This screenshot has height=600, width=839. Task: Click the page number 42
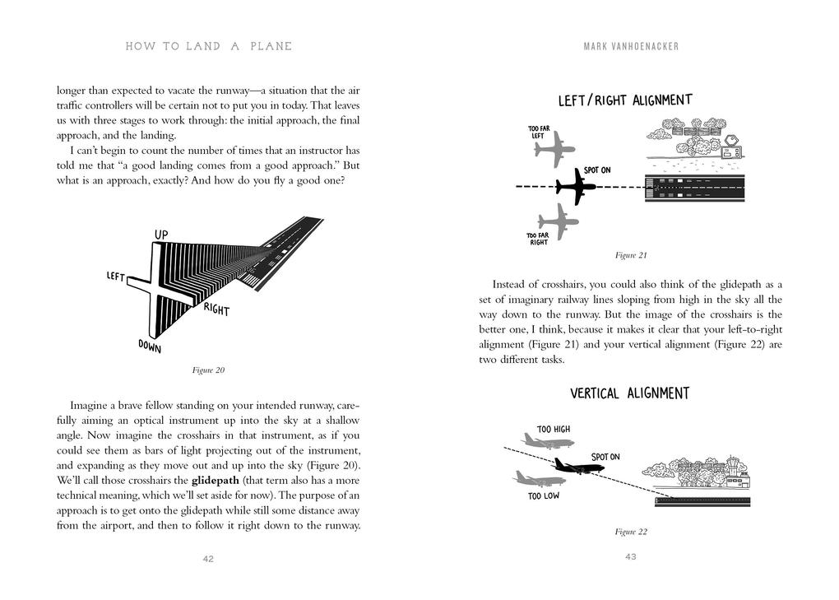coord(208,559)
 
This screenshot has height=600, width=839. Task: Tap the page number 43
coord(631,557)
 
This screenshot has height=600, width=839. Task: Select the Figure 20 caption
coord(208,370)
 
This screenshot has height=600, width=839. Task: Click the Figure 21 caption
coord(631,255)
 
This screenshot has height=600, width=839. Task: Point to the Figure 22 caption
coord(631,532)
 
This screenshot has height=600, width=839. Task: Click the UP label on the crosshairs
coord(161,235)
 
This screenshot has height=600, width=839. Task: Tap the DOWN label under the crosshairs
coord(149,347)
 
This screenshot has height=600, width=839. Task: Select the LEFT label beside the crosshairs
coord(115,277)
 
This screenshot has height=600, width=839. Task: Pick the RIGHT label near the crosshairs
coord(216,309)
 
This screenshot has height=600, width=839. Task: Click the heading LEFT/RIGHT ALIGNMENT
coord(625,101)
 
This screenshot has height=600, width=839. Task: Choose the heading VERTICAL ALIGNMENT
coord(630,393)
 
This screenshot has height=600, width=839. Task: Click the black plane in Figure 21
coord(575,188)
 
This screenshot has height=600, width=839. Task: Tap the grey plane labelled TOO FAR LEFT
coord(554,149)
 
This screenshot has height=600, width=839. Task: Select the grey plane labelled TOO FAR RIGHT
coord(559,221)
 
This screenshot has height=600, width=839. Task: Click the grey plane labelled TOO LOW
coord(538,478)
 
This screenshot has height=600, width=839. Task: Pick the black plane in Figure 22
coord(578,467)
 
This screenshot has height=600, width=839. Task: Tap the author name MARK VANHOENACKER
coord(631,47)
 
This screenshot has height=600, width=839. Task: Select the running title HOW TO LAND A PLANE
coord(208,47)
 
